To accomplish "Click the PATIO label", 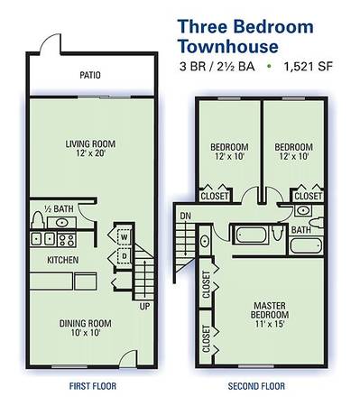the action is click(x=90, y=75).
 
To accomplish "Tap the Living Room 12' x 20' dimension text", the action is click(x=90, y=153).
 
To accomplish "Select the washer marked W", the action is click(x=124, y=237).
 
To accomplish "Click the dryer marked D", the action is click(x=124, y=256).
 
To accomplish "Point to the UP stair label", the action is click(x=144, y=307).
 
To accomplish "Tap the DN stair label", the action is click(x=185, y=216).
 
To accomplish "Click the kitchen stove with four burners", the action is click(x=67, y=240).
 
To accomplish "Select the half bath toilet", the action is click(x=38, y=219).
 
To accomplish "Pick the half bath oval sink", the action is click(x=61, y=223).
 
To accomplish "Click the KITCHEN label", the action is click(x=63, y=260).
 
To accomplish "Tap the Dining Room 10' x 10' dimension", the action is click(x=86, y=333).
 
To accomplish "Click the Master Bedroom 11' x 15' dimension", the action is click(x=270, y=324).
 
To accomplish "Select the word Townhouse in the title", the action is click(x=228, y=47).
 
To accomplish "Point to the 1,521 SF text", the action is click(x=309, y=67).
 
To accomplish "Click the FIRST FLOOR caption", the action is click(x=93, y=386).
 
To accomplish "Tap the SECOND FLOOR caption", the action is click(x=256, y=386).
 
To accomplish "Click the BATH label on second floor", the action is click(x=300, y=230).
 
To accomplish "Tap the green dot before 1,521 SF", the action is click(x=269, y=66).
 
